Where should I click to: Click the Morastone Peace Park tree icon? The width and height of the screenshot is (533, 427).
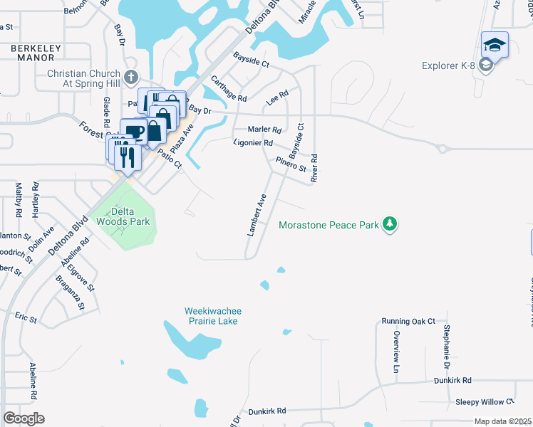[x=389, y=225]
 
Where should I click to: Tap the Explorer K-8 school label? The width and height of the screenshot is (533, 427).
[x=447, y=66]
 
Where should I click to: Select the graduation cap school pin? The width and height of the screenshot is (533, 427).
[x=495, y=46]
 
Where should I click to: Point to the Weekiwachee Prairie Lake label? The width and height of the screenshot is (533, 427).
[x=211, y=316]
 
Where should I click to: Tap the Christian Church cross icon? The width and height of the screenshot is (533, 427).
[x=130, y=77]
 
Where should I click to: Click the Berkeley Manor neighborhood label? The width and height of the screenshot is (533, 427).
[x=37, y=53]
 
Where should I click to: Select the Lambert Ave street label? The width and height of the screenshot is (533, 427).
[x=257, y=215]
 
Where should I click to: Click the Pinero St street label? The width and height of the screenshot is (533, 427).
[x=291, y=165]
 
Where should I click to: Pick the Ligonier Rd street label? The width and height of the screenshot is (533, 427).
[x=254, y=143]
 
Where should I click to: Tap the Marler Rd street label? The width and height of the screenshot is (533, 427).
[x=264, y=130]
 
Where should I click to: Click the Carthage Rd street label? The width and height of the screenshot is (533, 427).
[x=228, y=89]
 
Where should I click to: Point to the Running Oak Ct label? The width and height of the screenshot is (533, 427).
[x=408, y=322]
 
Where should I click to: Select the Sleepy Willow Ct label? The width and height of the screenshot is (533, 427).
[x=485, y=402]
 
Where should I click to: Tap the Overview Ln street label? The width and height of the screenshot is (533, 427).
[x=397, y=352]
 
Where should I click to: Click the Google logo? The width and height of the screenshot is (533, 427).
[x=24, y=418]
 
